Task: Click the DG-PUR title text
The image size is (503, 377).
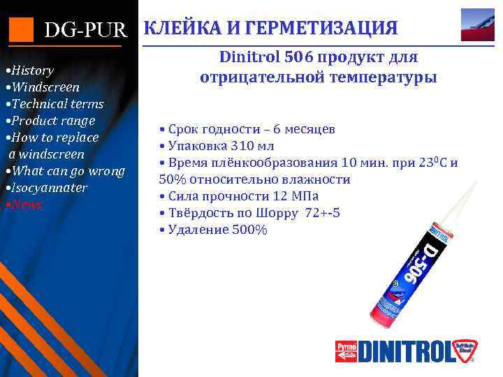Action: click(87, 30)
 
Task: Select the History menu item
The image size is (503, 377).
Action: click(31, 71)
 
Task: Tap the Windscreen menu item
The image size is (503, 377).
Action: click(43, 87)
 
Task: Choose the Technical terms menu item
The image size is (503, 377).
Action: click(55, 104)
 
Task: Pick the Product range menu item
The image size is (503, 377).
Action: click(50, 121)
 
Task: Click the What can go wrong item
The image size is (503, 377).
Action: click(66, 171)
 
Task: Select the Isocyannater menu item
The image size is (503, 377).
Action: click(48, 188)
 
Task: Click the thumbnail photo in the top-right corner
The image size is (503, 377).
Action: click(478, 24)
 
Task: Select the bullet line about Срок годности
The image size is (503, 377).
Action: click(247, 129)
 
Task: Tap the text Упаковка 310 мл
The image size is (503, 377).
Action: click(217, 146)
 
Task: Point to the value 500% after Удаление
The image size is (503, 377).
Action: click(251, 230)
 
